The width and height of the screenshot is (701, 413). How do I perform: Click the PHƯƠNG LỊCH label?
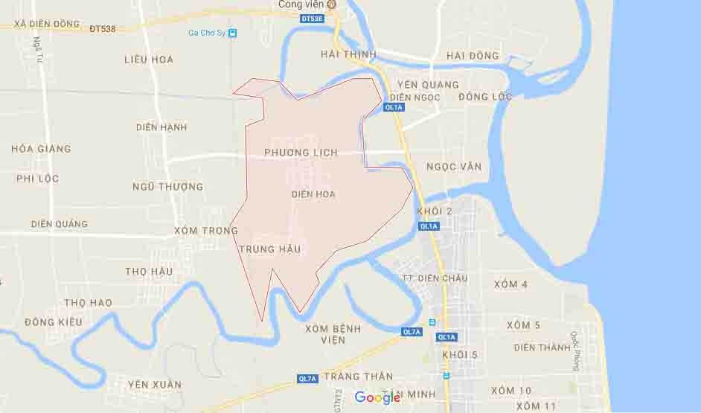[x=301, y=153]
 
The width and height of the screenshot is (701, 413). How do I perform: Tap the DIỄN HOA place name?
[x=313, y=194]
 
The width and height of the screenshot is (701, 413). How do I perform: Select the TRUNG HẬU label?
[x=270, y=249]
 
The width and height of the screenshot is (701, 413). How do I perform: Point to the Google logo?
[x=377, y=398]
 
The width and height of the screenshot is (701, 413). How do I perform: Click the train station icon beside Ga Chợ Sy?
[x=233, y=33]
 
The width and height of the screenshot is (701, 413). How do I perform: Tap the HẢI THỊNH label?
[x=348, y=54]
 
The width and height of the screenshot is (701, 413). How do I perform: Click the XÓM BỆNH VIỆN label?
[x=333, y=334]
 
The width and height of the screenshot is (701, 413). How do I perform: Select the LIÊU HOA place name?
[x=149, y=60]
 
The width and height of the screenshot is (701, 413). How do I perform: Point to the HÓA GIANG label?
[x=41, y=149]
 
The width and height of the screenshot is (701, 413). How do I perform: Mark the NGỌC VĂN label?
[x=454, y=167]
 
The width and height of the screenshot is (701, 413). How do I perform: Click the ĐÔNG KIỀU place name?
[x=54, y=322]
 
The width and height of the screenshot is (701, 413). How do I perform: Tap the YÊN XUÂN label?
[x=155, y=385]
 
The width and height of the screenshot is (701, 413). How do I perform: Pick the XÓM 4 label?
[x=511, y=284]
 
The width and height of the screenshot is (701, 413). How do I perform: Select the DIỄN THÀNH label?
[x=542, y=348]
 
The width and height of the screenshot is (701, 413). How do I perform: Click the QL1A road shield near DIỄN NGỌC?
[x=394, y=108]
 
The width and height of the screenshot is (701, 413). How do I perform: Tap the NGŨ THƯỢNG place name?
[x=167, y=187]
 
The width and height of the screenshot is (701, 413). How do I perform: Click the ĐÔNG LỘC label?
[x=485, y=97]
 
